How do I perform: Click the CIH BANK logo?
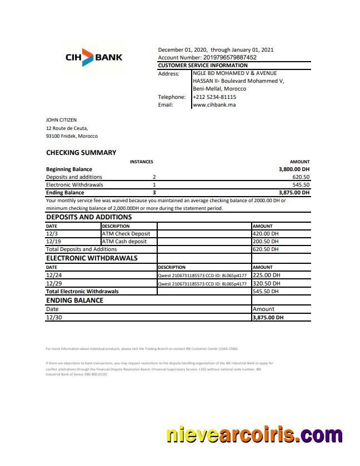[94, 57]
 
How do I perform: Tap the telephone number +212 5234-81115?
[214, 97]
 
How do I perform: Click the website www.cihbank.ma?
[214, 104]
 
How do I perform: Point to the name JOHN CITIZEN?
[61, 120]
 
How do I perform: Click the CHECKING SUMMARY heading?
[81, 153]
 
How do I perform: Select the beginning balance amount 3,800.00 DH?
[294, 169]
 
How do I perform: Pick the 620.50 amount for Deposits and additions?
[301, 177]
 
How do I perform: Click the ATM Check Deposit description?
[126, 234]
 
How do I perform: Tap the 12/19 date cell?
[54, 242]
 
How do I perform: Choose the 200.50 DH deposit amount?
[266, 242]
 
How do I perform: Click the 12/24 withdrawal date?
[54, 275]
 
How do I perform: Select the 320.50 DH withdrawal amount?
[266, 283]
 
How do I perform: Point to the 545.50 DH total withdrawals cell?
[266, 291]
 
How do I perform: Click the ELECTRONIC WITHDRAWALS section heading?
[92, 258]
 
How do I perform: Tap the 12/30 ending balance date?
[54, 317]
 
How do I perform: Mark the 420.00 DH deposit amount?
[266, 234]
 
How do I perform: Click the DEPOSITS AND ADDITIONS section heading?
[89, 217]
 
